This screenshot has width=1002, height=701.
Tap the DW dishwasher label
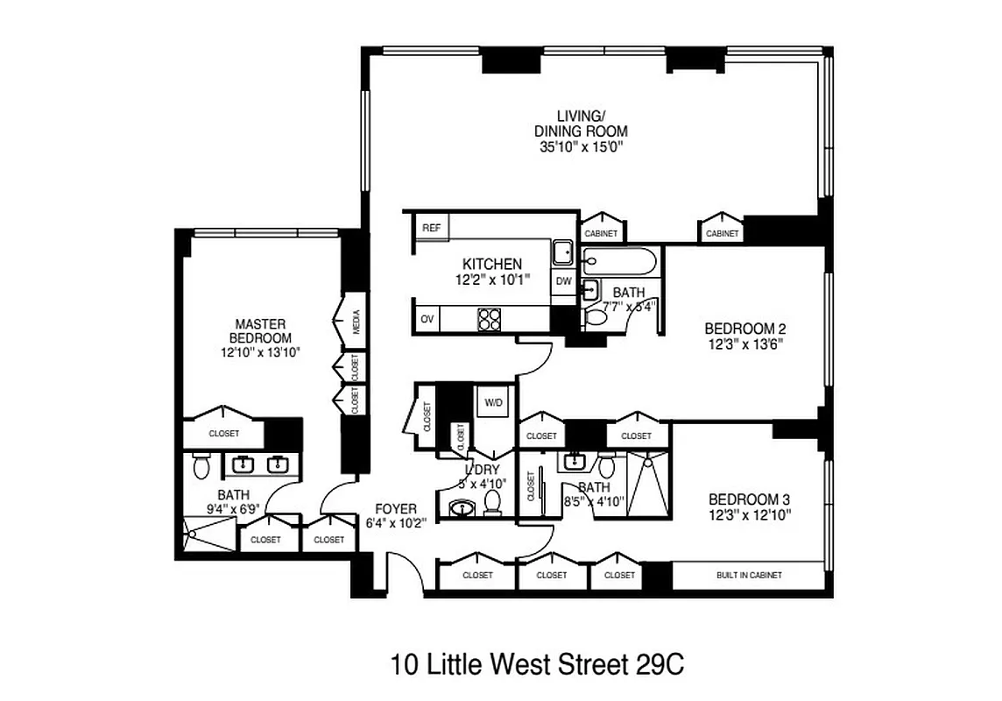point(563,282)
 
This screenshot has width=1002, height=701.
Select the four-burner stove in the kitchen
point(489,319)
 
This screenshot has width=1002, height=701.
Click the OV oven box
point(427,319)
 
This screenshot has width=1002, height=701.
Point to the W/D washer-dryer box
point(494,403)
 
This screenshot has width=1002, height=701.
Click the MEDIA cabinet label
point(356,323)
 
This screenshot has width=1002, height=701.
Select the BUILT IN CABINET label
point(749,576)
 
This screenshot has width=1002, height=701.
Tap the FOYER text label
point(396,509)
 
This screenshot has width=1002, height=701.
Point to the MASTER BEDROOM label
point(260,330)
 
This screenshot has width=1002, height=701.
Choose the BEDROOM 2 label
point(745,329)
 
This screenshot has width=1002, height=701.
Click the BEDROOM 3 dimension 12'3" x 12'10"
point(750,516)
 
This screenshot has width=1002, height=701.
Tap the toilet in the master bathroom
point(201,467)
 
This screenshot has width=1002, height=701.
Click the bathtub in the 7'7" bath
point(620,261)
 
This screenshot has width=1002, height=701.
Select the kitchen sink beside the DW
point(562,253)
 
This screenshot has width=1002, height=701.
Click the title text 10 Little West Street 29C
point(537,663)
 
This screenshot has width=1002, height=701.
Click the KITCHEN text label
point(492,264)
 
